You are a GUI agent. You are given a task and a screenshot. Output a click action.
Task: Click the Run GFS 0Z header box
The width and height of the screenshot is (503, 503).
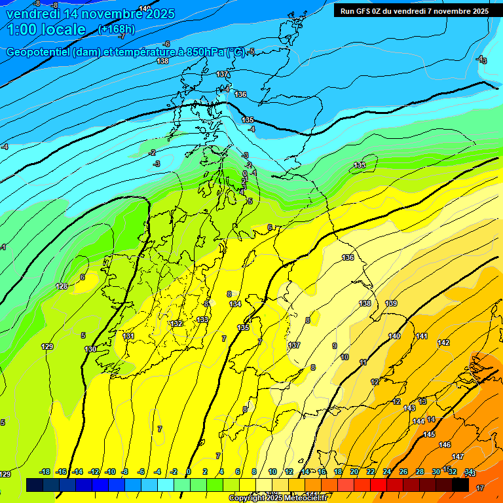tap(414, 10)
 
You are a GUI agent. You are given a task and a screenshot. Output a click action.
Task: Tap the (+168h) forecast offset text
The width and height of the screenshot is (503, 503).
tap(117, 29)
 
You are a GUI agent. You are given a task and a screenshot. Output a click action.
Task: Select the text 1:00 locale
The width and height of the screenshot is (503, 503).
tap(46, 29)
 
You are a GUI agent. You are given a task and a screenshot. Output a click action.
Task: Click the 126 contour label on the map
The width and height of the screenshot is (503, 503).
tap(62, 286)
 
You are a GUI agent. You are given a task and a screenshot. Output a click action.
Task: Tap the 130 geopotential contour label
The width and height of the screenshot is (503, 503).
tap(90, 349)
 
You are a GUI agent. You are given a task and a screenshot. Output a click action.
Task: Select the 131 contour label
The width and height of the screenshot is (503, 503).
tap(128, 336)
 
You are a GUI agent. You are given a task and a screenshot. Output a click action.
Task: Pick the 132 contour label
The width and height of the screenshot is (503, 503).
tap(176, 324)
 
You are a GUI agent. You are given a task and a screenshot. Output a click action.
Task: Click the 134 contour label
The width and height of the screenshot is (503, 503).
tap(235, 304)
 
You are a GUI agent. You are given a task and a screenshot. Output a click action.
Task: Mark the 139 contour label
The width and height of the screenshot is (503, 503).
tap(391, 303)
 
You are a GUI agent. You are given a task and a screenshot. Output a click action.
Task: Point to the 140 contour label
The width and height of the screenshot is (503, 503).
tap(394, 336)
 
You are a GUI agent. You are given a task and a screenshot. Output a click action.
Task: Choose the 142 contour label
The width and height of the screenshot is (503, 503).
tap(443, 343)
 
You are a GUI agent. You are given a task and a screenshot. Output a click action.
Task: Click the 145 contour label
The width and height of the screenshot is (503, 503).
tap(428, 434)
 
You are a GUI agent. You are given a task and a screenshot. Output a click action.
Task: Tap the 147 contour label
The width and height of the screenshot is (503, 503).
tap(458, 456)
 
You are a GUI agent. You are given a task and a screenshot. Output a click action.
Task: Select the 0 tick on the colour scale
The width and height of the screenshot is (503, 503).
tap(189, 472)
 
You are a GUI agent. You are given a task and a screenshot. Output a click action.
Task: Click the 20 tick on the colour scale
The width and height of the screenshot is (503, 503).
tap(354, 472)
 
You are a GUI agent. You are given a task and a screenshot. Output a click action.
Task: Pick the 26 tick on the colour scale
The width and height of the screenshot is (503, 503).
tap(403, 472)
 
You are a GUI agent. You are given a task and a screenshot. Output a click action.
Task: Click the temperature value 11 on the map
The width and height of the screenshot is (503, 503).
tap(363, 362)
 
